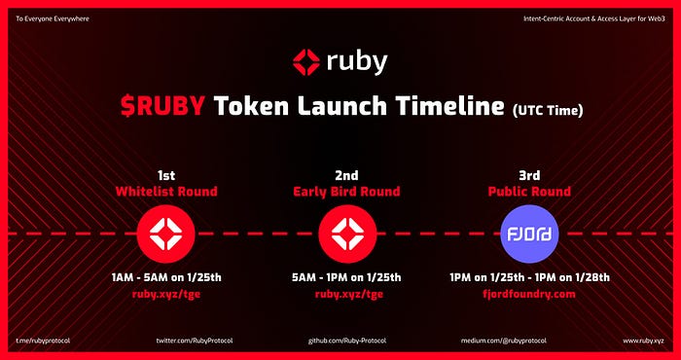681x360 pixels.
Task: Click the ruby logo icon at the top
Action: click(306, 62)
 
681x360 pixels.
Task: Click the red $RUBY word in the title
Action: click(162, 105)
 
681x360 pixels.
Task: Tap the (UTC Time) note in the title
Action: click(547, 111)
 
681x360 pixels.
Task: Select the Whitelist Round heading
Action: click(166, 192)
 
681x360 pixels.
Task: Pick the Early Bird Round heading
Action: click(346, 192)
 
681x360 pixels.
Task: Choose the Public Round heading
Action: click(529, 192)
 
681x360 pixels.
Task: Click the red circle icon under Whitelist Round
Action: click(166, 234)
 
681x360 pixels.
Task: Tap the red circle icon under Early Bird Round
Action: click(347, 234)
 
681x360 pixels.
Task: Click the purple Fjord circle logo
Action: click(529, 234)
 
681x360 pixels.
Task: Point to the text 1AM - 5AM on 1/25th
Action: click(166, 277)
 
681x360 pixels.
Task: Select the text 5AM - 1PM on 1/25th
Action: click(346, 277)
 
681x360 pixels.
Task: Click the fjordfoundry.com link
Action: click(529, 295)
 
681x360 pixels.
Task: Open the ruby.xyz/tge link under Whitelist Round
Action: click(166, 295)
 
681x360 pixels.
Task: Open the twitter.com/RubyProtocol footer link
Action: click(195, 341)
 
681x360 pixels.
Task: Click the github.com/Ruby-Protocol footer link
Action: click(347, 341)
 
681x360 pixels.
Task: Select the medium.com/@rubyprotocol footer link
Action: click(504, 341)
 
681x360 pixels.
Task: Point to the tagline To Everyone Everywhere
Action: click(53, 19)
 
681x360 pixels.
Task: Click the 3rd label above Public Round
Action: click(529, 175)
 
